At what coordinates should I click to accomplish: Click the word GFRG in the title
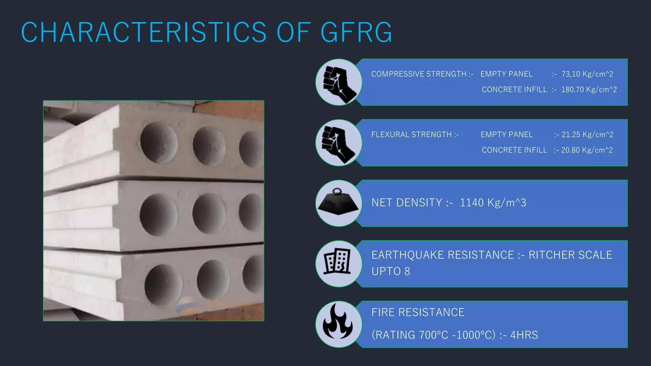pyautogui.click(x=356, y=32)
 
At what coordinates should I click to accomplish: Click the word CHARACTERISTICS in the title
pyautogui.click(x=144, y=32)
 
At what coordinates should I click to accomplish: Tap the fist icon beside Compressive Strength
pyautogui.click(x=339, y=82)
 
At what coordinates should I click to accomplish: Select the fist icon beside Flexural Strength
pyautogui.click(x=339, y=143)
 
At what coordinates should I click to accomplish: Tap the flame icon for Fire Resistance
pyautogui.click(x=338, y=322)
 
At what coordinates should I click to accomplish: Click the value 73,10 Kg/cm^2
pyautogui.click(x=587, y=74)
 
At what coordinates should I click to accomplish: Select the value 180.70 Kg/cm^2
pyautogui.click(x=589, y=90)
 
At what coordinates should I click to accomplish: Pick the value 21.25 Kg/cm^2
pyautogui.click(x=587, y=135)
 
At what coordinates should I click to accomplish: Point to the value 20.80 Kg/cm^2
pyautogui.click(x=587, y=150)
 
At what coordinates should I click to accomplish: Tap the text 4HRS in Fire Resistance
pyautogui.click(x=524, y=335)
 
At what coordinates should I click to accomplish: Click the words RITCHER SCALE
pyautogui.click(x=570, y=255)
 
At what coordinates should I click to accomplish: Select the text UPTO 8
pyautogui.click(x=391, y=271)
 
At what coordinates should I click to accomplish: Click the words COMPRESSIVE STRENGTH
pyautogui.click(x=419, y=74)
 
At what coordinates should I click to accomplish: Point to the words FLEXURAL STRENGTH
pyautogui.click(x=411, y=135)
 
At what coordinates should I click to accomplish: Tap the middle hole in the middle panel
pyautogui.click(x=209, y=213)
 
